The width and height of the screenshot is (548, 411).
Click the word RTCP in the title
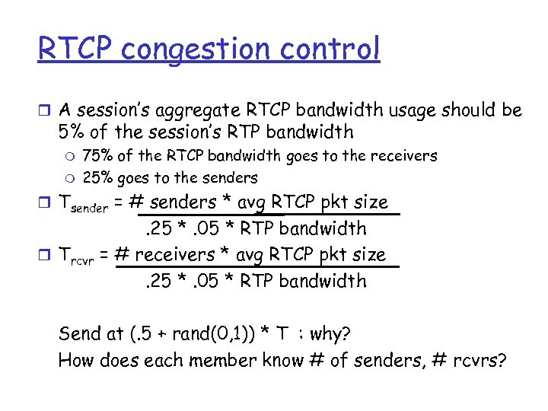[75, 49]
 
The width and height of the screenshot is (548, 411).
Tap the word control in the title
[332, 49]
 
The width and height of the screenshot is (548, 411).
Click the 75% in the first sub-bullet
[97, 156]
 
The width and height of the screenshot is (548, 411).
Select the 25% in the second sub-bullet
[97, 178]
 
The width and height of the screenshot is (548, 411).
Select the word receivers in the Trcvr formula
[186, 254]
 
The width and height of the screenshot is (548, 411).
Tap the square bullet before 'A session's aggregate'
[44, 111]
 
